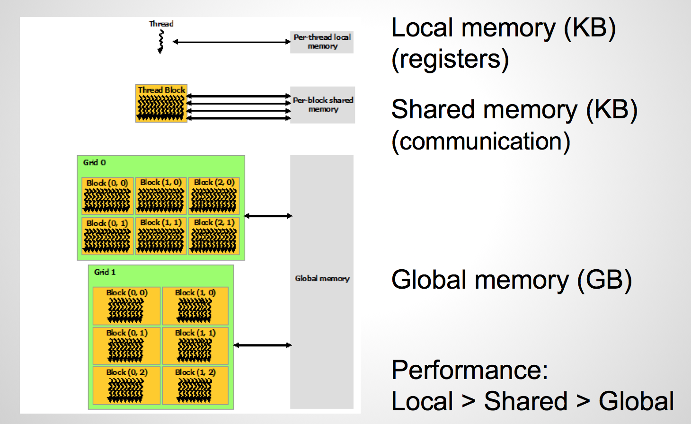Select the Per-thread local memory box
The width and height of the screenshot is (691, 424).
pyautogui.click(x=322, y=42)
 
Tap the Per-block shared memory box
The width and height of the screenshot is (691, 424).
pyautogui.click(x=323, y=105)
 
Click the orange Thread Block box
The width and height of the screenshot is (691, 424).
pyautogui.click(x=161, y=104)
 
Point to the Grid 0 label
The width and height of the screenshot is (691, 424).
pyautogui.click(x=95, y=162)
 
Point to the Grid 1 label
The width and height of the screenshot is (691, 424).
pyautogui.click(x=105, y=272)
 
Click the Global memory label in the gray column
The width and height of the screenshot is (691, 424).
pyautogui.click(x=322, y=279)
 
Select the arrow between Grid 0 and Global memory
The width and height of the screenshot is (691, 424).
pyautogui.click(x=268, y=216)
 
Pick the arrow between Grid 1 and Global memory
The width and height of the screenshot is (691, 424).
pyautogui.click(x=263, y=345)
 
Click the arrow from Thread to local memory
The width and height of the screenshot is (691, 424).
pyautogui.click(x=231, y=42)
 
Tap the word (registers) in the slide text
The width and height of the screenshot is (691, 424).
pyautogui.click(x=450, y=60)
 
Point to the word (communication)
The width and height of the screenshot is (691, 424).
pyautogui.click(x=481, y=141)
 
